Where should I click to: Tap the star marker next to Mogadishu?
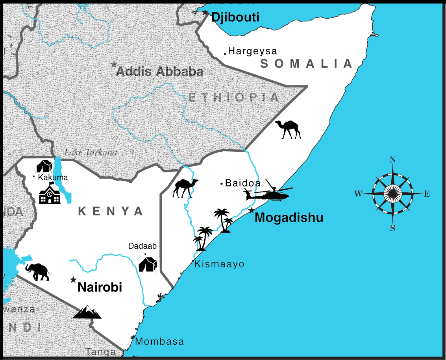pos(252,210)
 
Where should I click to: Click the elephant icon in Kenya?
pos(38,272)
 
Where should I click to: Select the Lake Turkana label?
pos(90,153)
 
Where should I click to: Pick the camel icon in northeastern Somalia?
pos(288,129)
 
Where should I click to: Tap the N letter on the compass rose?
pos(392,159)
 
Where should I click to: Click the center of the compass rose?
pos(392,194)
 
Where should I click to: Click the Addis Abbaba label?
pos(160,72)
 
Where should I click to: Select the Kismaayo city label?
pos(219,264)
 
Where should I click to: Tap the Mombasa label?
pos(159,342)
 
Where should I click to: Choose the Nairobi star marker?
pos(73,280)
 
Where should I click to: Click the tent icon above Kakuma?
pos(44,166)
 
